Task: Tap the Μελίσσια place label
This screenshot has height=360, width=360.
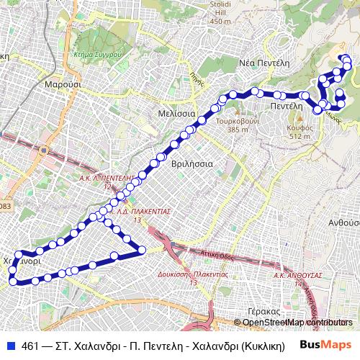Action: click(x=176, y=114)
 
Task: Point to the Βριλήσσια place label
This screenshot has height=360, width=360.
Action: click(x=192, y=163)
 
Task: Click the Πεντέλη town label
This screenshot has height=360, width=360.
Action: click(x=285, y=105)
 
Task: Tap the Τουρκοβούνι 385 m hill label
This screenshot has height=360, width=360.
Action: click(x=237, y=125)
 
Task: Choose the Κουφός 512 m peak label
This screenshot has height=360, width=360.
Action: click(x=300, y=131)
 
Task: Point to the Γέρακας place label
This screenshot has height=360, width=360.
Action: click(x=262, y=311)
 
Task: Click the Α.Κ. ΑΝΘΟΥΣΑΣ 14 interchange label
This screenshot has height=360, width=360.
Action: click(x=297, y=279)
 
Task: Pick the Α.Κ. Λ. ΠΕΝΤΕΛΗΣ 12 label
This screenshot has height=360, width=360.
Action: click(x=107, y=181)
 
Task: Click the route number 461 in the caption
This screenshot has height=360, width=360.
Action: click(x=30, y=346)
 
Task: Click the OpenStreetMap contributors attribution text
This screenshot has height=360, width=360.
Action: click(x=296, y=322)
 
